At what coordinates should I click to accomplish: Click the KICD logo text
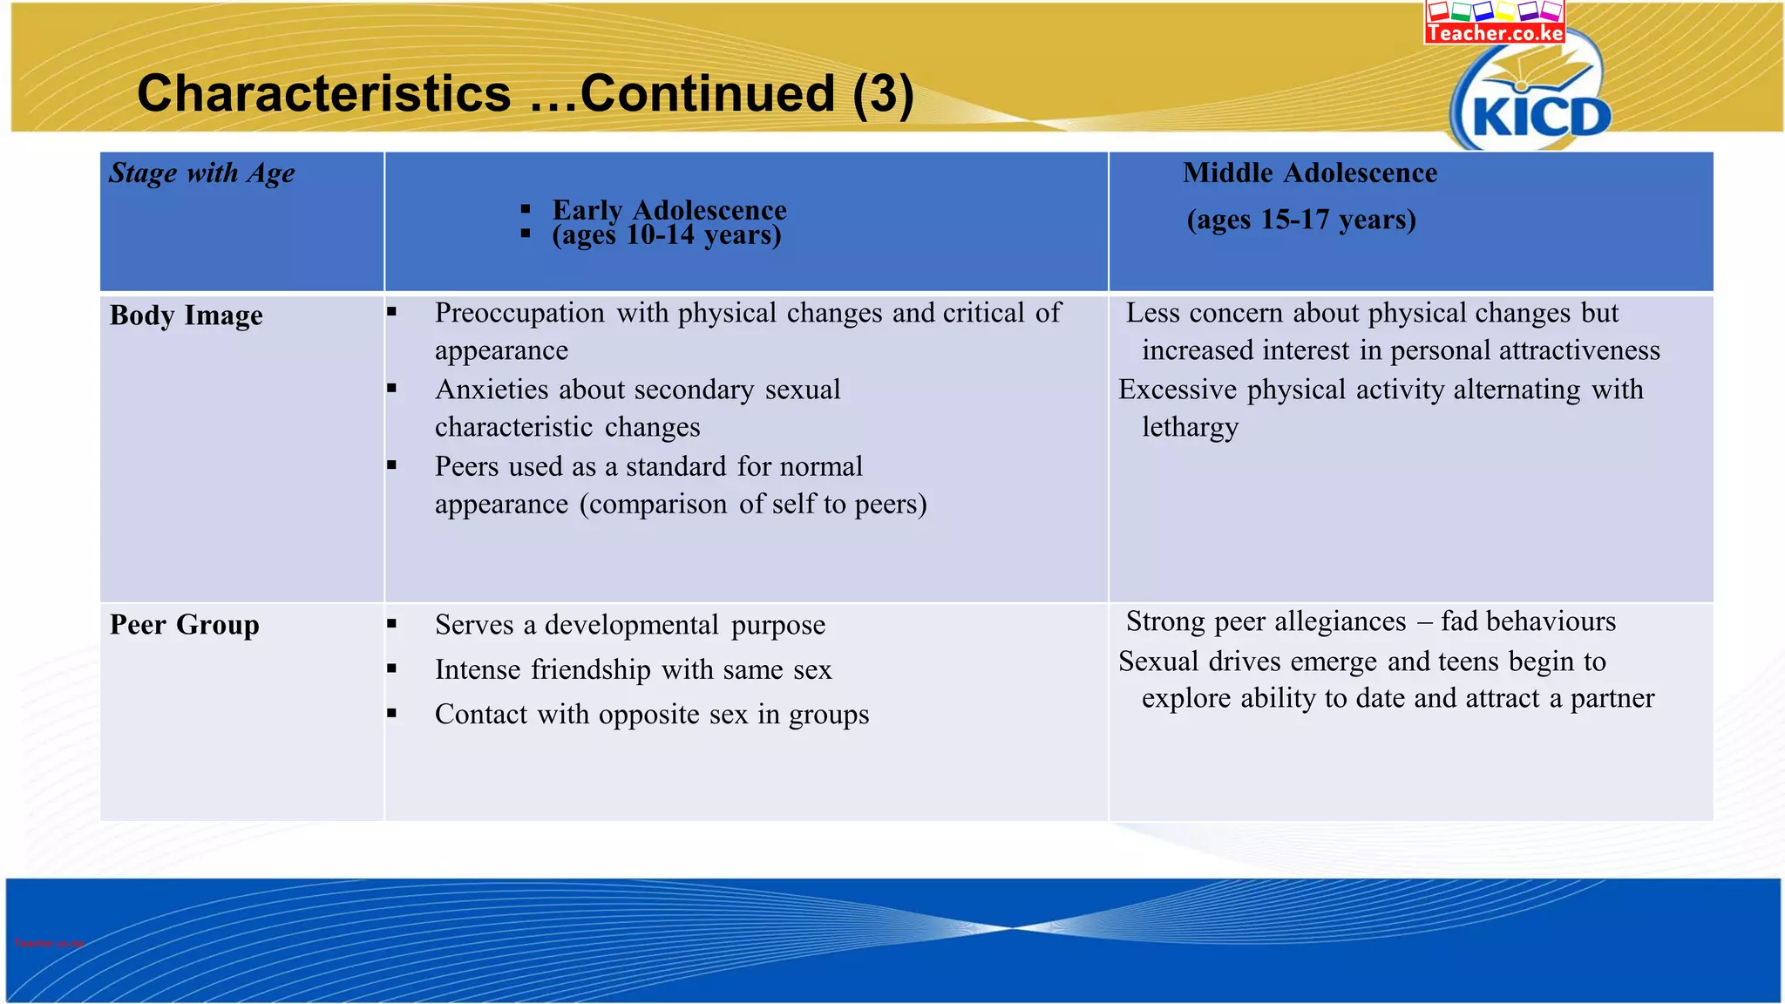(1541, 117)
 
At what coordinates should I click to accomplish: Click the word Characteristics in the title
(323, 93)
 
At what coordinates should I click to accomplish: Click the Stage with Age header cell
(202, 173)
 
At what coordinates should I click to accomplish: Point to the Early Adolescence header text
(669, 210)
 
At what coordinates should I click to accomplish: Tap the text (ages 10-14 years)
(666, 234)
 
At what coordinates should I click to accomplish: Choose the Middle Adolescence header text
(1309, 173)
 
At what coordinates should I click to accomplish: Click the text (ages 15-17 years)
(1300, 219)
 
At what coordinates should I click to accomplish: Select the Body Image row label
(186, 315)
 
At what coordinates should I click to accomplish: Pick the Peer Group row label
(184, 624)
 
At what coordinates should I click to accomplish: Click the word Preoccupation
(519, 313)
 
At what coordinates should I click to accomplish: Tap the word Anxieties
(491, 390)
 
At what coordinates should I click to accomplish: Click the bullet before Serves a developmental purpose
(392, 624)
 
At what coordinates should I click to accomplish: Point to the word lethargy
(1190, 427)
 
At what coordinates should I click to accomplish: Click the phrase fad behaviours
(1528, 621)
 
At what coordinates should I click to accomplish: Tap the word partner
(1612, 698)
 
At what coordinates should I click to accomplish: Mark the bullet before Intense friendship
(392, 668)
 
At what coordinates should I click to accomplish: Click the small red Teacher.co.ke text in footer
(49, 943)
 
